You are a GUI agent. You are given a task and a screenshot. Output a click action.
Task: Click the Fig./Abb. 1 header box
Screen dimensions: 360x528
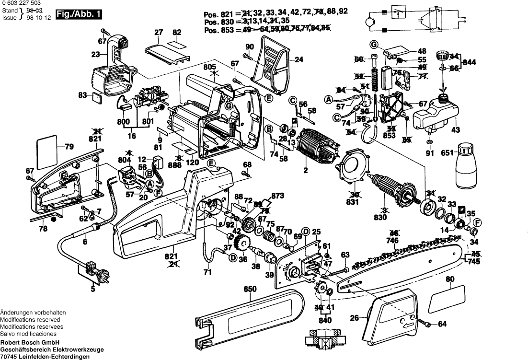click(79, 15)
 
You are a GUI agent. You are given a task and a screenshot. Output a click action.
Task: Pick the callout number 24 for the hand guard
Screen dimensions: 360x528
click(299, 60)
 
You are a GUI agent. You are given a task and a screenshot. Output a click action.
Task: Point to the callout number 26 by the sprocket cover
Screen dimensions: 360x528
click(354, 318)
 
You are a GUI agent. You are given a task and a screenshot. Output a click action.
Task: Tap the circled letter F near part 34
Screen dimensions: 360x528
click(477, 222)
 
